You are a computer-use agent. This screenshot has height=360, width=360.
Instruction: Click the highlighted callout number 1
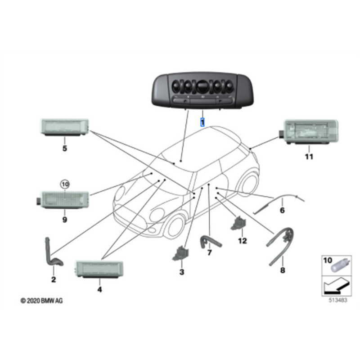tap(202, 122)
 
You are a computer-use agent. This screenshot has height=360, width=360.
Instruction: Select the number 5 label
tap(65, 148)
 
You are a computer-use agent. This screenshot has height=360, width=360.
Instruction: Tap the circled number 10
tap(65, 184)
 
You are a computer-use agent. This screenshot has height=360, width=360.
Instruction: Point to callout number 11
tap(309, 157)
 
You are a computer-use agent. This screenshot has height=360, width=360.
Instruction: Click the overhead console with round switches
tap(203, 91)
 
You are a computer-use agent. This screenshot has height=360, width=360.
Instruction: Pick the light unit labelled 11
tap(309, 132)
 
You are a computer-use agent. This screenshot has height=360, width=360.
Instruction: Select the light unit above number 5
tap(64, 127)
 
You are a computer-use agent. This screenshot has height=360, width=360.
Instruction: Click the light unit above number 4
tap(99, 270)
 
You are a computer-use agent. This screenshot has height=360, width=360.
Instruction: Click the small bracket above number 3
tap(180, 253)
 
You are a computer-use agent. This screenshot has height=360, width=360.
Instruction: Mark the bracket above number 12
tap(238, 223)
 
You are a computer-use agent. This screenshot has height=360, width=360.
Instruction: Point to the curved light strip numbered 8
tap(280, 246)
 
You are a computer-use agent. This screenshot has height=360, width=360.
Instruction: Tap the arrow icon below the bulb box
tap(337, 286)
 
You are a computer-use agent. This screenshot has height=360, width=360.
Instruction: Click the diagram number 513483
tap(338, 300)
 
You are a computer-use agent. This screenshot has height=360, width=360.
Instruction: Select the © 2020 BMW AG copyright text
tap(41, 301)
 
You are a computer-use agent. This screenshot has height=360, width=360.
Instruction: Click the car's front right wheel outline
tap(175, 226)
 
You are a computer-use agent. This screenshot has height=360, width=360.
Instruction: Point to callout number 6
tap(282, 210)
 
